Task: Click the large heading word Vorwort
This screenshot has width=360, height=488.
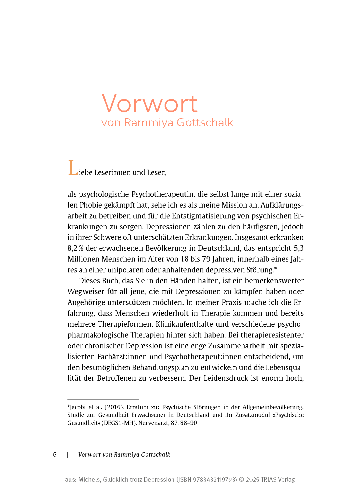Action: tap(149, 104)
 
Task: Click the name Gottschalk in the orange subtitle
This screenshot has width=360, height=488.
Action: tap(205, 123)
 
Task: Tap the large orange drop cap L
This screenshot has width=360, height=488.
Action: tap(73, 168)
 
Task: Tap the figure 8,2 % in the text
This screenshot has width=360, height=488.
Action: tap(75, 248)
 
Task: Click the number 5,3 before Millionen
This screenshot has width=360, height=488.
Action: tap(299, 248)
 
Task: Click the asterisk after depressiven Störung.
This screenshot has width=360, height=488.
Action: tap(275, 268)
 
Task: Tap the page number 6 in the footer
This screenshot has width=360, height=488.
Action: tap(55, 455)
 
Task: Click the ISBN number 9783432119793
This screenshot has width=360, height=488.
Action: tap(215, 480)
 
